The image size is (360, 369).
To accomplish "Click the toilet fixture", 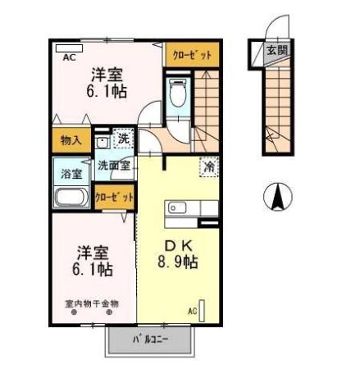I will click(x=176, y=94).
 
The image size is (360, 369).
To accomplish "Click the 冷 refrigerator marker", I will click(x=209, y=165).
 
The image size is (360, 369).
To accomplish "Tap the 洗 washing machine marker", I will click(x=123, y=139).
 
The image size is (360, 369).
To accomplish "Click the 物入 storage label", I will click(x=71, y=140).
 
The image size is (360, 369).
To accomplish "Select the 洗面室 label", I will click(x=114, y=165).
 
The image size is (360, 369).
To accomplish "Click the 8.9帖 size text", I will click(x=178, y=262).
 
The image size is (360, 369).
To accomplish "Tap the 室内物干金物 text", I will click(x=92, y=303).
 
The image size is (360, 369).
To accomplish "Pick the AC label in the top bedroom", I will click(x=69, y=58).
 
